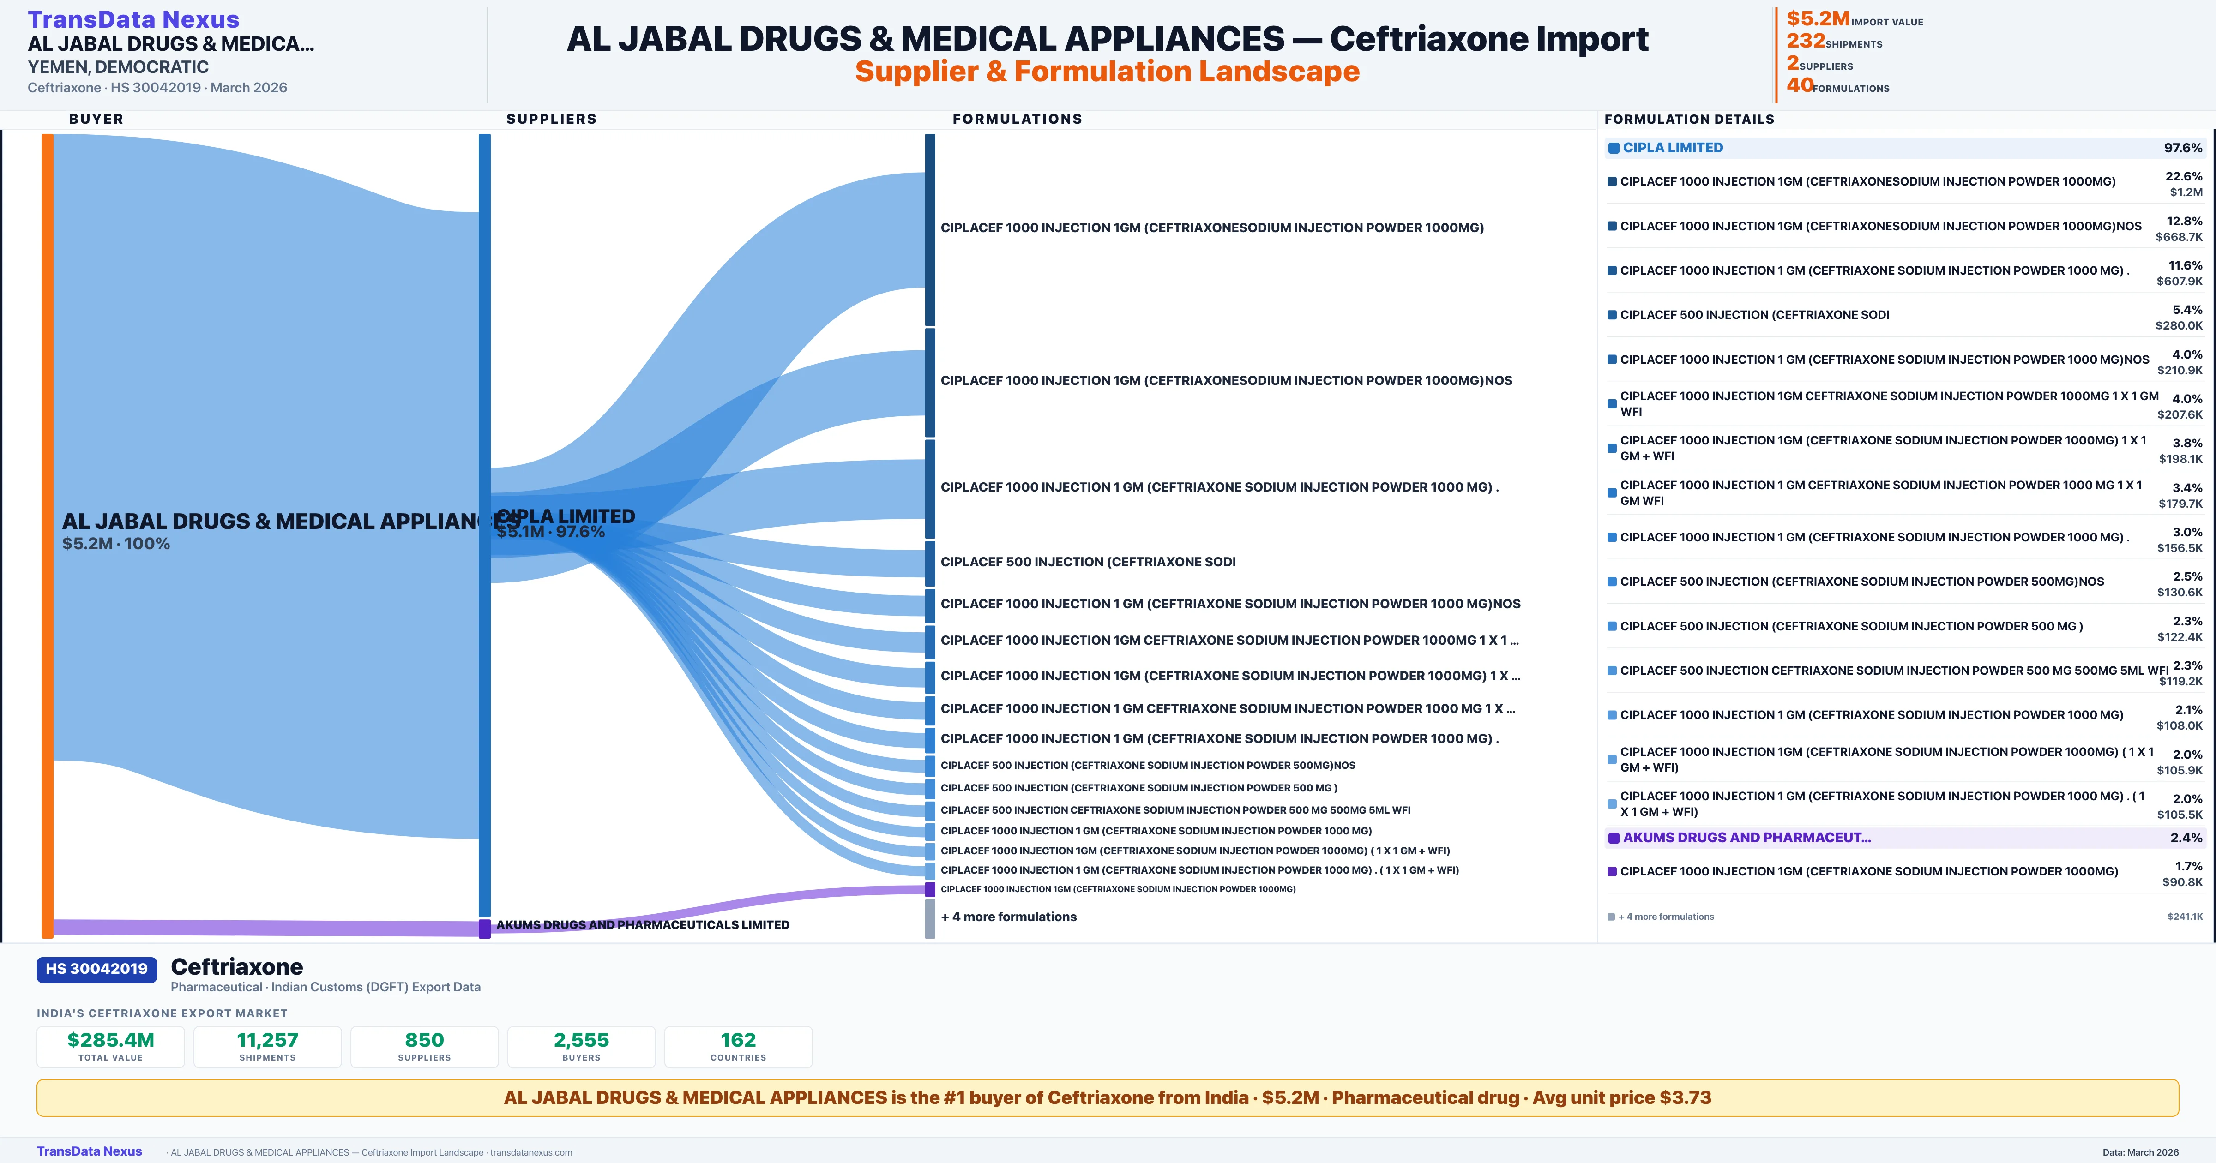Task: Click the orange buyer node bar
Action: click(x=47, y=534)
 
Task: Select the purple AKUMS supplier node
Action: click(x=484, y=928)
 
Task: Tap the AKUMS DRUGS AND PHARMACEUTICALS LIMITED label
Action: click(x=643, y=925)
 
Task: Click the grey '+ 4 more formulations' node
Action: click(x=930, y=918)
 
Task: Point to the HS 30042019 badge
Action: click(x=96, y=969)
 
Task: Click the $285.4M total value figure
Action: click(x=111, y=1040)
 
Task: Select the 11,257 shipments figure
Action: click(x=268, y=1040)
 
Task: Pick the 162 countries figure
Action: click(x=738, y=1040)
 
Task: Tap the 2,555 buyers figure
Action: click(x=582, y=1040)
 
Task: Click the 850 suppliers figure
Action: click(x=424, y=1040)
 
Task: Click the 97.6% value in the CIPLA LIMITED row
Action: click(x=2182, y=148)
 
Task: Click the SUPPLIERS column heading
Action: click(x=551, y=119)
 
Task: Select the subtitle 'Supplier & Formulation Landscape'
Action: click(x=1107, y=72)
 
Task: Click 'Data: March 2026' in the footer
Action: click(x=2140, y=1152)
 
